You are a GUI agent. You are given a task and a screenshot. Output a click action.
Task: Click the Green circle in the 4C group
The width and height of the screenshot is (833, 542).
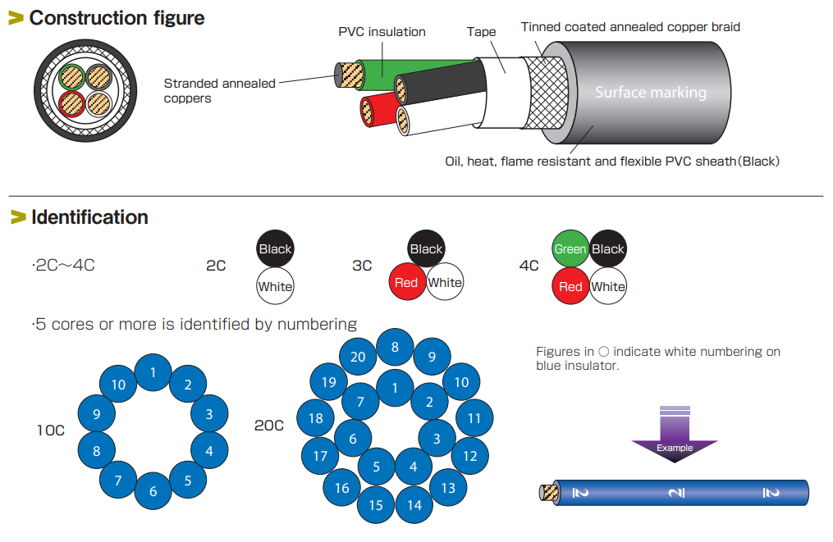click(x=570, y=249)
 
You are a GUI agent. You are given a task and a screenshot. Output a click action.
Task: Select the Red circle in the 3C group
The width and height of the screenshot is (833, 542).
click(x=406, y=283)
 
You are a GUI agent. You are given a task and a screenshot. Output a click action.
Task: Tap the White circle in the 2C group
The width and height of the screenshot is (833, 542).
click(x=275, y=286)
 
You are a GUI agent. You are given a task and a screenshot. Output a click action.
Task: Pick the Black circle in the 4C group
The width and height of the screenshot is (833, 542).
click(x=608, y=249)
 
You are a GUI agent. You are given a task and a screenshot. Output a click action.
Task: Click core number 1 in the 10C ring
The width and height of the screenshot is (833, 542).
click(x=153, y=373)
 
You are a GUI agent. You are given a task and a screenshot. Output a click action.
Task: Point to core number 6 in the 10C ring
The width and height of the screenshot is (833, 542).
click(x=153, y=492)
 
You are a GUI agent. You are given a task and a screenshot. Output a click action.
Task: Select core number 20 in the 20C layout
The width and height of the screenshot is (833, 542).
click(x=358, y=356)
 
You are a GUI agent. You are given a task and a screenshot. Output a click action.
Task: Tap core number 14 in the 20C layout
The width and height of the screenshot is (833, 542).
click(x=414, y=505)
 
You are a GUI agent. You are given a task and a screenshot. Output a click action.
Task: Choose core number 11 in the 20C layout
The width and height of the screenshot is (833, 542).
click(x=474, y=418)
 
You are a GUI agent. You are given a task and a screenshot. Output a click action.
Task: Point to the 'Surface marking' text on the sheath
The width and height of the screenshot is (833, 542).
click(x=651, y=93)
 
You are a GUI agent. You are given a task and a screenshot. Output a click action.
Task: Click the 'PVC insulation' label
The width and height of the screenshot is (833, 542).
click(x=382, y=32)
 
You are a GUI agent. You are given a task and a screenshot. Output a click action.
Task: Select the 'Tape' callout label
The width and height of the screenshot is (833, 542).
click(x=481, y=32)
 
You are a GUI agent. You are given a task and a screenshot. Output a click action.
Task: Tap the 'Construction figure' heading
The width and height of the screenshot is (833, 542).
click(x=117, y=17)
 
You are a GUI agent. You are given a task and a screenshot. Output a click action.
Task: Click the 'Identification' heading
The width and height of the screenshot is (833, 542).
click(x=89, y=217)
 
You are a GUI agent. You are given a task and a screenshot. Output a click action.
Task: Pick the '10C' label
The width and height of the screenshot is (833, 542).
click(x=50, y=430)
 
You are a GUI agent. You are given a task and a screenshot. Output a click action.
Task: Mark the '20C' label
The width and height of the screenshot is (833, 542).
click(x=268, y=425)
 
